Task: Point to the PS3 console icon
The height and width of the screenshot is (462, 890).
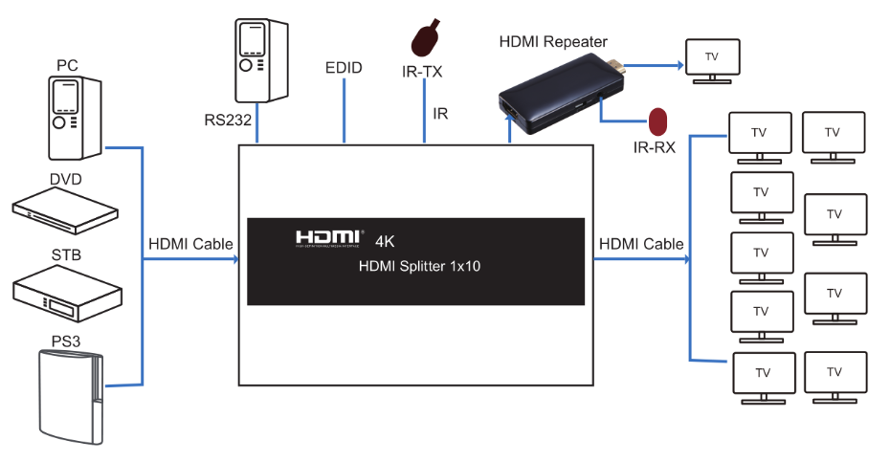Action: [x=68, y=396]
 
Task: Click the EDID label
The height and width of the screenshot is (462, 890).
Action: [x=344, y=70]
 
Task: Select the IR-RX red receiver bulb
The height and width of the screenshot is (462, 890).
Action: [x=658, y=121]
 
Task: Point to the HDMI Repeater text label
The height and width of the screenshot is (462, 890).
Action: [x=553, y=41]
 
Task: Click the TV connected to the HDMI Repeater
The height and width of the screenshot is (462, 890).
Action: [x=711, y=59]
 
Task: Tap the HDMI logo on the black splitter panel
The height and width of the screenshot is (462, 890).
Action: [x=328, y=237]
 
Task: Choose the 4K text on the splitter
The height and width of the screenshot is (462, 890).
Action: [x=386, y=239]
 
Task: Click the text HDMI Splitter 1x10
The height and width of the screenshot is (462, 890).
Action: [x=419, y=267]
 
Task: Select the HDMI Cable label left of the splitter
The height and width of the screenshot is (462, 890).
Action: [x=190, y=245]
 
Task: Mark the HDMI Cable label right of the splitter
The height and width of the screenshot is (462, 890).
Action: [x=641, y=245]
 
